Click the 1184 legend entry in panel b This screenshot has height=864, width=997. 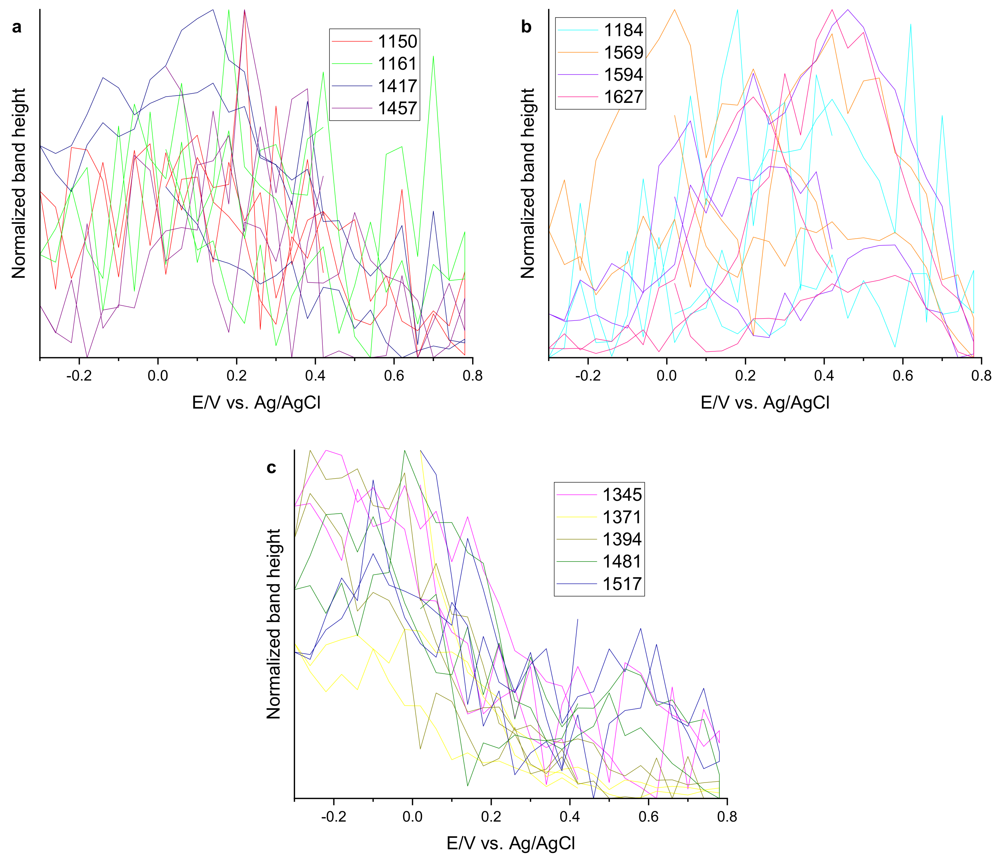(x=623, y=30)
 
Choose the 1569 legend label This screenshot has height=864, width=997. (x=623, y=52)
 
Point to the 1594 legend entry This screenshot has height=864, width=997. (x=623, y=74)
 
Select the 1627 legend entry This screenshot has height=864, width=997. (x=623, y=96)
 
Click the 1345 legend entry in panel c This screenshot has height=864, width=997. (x=622, y=495)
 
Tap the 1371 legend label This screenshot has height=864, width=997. (x=622, y=517)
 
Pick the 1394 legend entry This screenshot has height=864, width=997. (x=622, y=539)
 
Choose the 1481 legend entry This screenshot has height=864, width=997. (x=622, y=561)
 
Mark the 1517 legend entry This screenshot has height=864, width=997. (x=622, y=583)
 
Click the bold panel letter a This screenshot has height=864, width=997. (x=17, y=28)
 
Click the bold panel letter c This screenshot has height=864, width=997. (x=271, y=467)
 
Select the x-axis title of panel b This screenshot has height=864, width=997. (x=765, y=402)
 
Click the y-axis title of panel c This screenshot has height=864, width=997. (x=273, y=624)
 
